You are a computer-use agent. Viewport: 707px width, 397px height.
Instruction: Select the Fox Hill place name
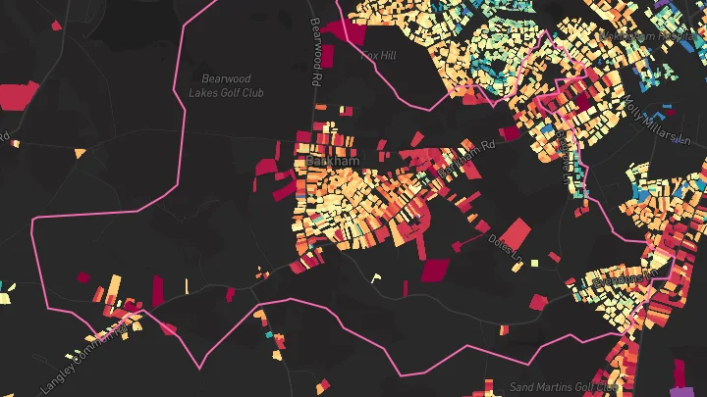[x=378, y=56]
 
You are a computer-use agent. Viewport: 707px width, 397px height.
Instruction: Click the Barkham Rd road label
[x=462, y=160]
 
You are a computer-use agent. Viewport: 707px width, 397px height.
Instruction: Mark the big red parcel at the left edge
[x=20, y=96]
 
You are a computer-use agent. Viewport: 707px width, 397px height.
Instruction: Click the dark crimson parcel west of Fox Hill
[x=345, y=30]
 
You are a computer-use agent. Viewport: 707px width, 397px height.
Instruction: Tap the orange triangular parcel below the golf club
[x=80, y=153]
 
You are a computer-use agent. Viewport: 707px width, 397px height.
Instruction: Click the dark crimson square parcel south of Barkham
[x=433, y=270]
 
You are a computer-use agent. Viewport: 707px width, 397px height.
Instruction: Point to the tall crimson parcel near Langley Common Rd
[x=157, y=290]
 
